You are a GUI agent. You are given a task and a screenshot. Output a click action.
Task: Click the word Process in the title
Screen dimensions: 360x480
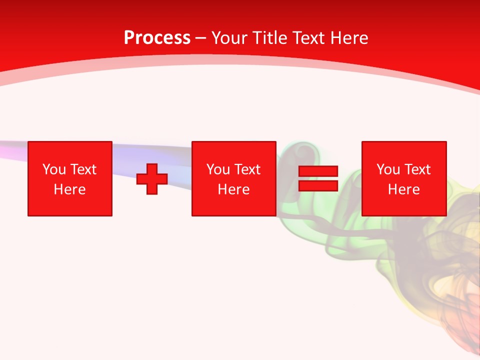[157, 38]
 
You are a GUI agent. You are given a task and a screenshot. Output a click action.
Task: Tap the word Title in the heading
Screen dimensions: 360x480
[270, 38]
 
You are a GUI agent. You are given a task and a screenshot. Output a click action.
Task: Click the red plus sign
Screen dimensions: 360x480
[152, 178]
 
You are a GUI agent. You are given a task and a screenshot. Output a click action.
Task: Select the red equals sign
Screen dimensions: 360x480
[318, 178]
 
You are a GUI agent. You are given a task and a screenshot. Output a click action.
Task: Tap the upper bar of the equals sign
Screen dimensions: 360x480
[318, 171]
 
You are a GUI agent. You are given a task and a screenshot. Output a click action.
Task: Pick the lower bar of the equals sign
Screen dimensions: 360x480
[318, 185]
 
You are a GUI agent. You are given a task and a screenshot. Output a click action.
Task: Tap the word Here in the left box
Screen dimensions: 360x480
[70, 189]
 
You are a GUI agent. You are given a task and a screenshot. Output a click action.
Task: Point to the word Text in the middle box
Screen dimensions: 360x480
[247, 169]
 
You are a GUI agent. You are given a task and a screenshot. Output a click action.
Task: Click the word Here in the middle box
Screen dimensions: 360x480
[234, 189]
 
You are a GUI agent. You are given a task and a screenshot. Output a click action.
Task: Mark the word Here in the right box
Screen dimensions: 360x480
[404, 189]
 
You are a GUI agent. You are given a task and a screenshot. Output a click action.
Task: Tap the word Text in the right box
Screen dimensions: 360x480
[417, 169]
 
